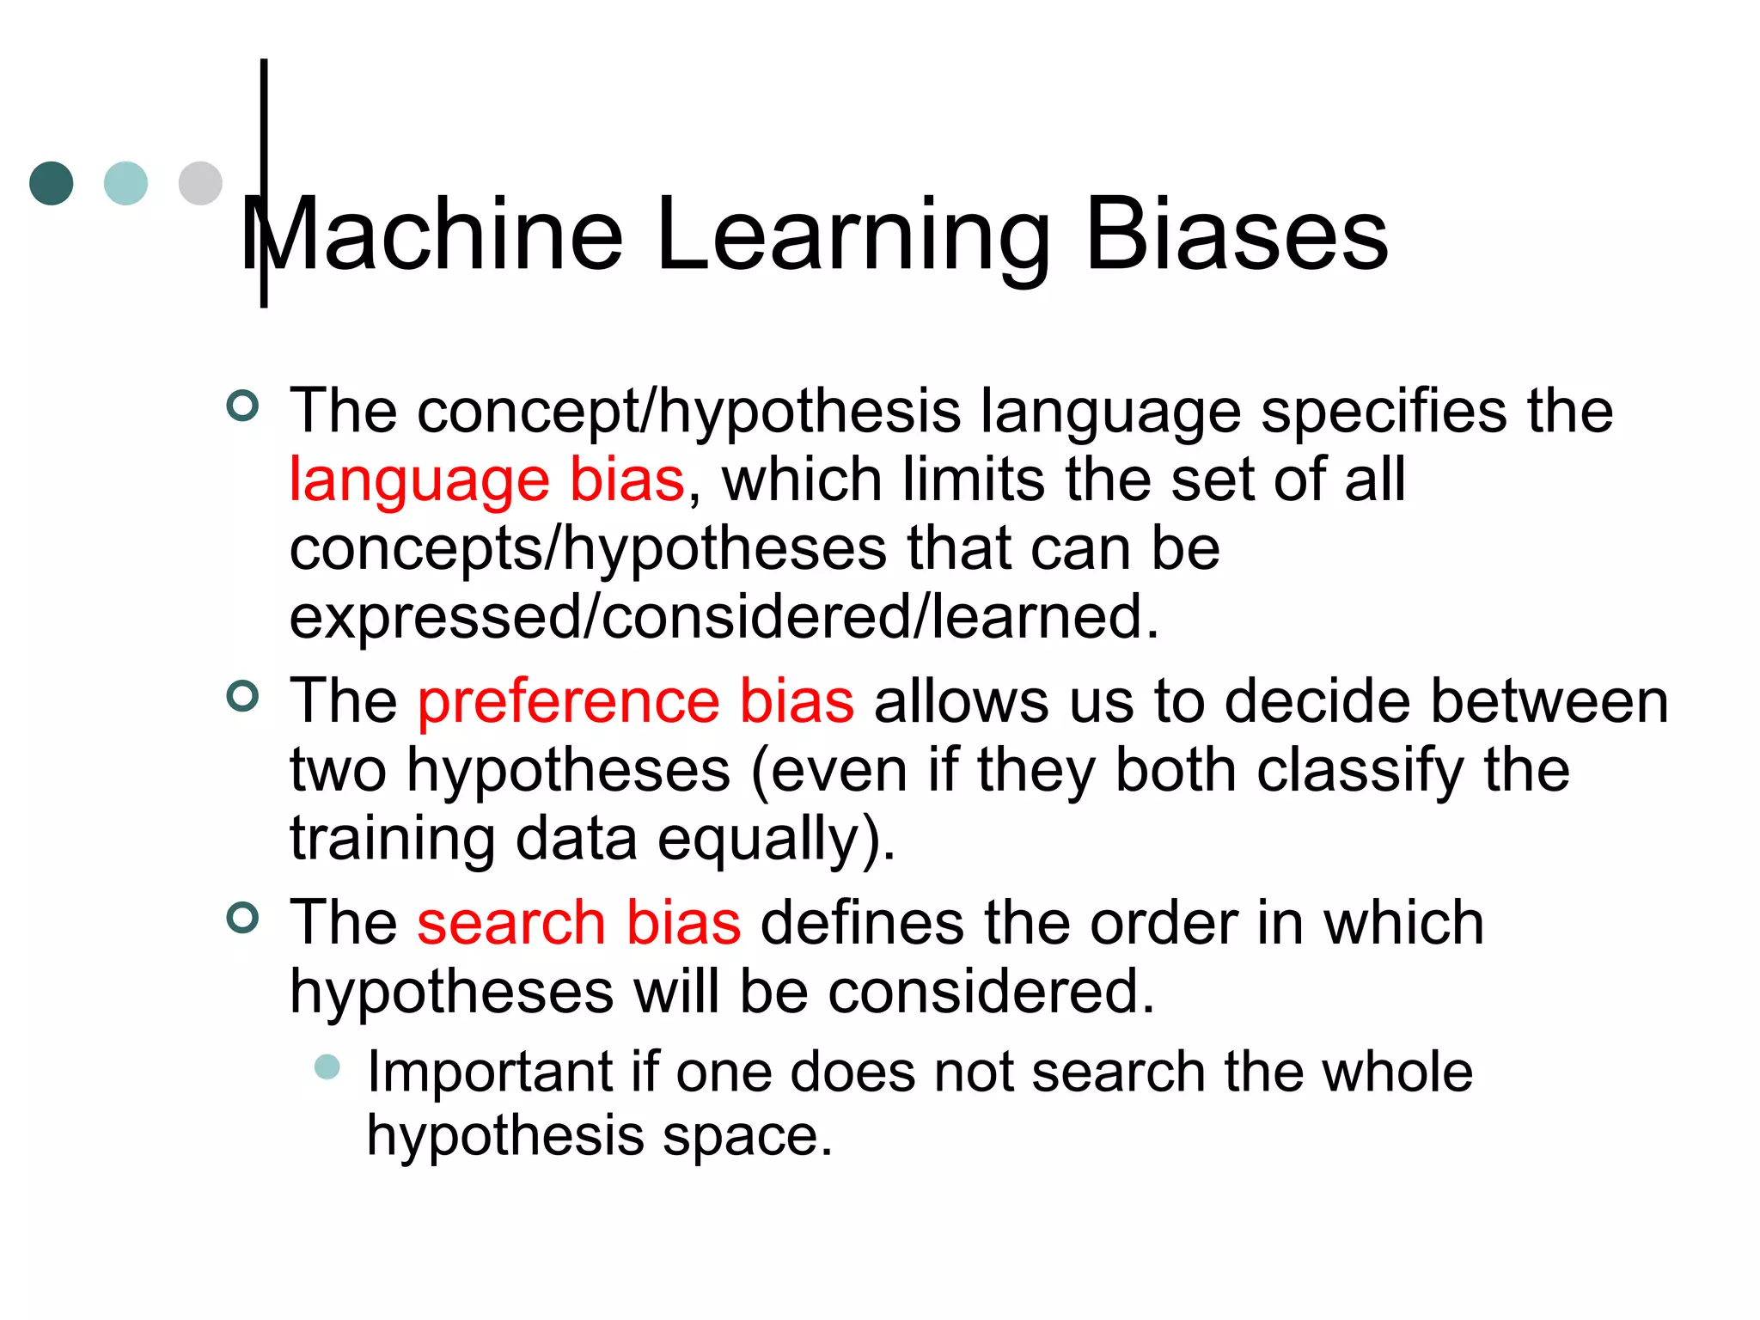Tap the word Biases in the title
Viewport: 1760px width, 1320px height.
click(1237, 234)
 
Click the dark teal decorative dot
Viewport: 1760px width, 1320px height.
click(52, 183)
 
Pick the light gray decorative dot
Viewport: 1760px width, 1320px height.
click(200, 183)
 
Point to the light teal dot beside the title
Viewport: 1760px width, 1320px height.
click(125, 183)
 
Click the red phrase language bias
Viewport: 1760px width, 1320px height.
click(487, 480)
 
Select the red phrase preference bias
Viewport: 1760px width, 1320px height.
click(636, 701)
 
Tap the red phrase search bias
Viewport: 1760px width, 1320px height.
click(578, 923)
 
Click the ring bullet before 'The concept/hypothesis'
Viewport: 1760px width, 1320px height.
click(242, 406)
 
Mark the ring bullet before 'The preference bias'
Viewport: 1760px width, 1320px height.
click(242, 696)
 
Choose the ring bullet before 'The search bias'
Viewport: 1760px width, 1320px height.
click(242, 918)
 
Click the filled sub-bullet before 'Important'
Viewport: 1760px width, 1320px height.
click(327, 1067)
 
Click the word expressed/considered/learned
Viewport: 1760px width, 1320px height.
click(724, 617)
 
